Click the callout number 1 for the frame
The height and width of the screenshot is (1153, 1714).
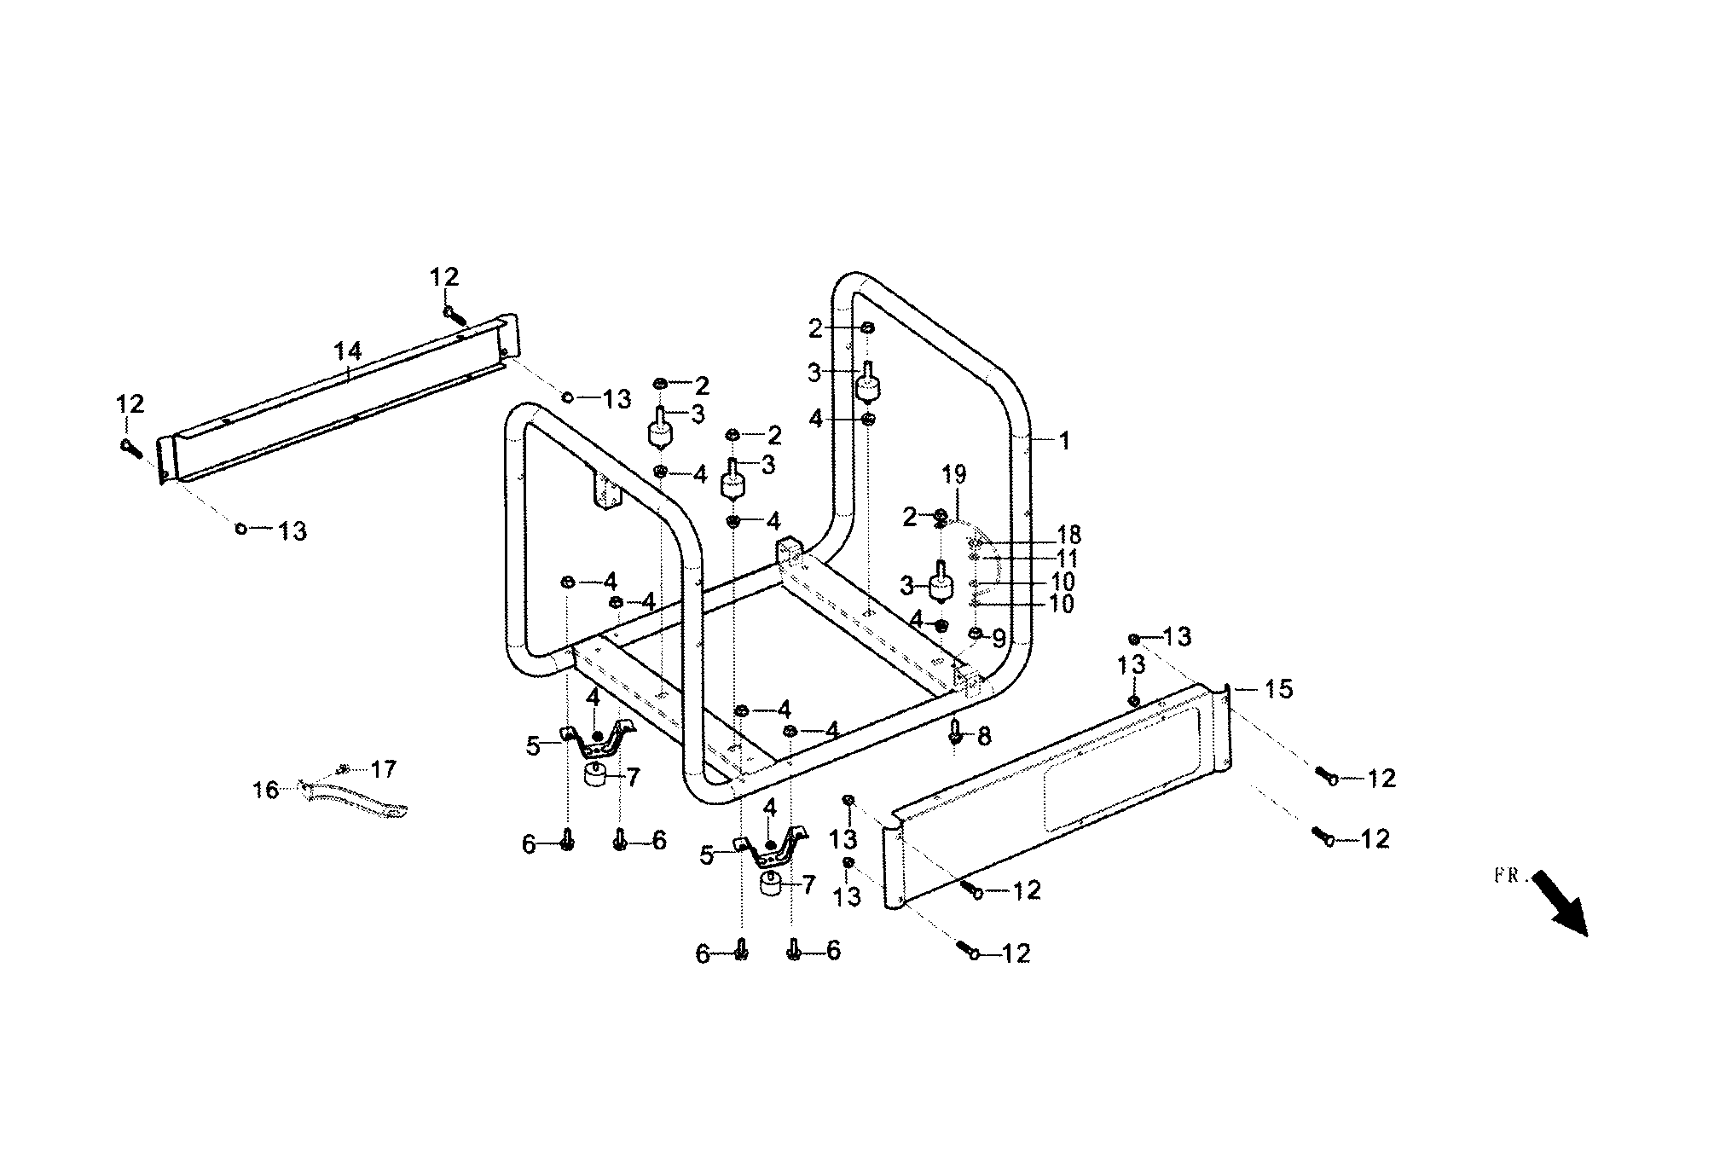1063,441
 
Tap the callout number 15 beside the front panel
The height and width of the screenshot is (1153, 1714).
1277,688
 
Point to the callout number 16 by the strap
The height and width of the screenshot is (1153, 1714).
266,791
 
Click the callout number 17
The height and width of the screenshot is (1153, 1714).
384,769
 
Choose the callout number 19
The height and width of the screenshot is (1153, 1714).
953,475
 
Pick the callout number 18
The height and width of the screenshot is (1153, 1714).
1068,535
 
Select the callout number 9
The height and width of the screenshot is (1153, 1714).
999,639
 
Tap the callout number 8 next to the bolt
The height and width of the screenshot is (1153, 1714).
984,736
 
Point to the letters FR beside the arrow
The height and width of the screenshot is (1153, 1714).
1508,876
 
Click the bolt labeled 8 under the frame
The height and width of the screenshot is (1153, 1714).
956,730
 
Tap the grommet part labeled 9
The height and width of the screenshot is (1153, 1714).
976,633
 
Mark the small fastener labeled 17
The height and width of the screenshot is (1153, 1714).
345,768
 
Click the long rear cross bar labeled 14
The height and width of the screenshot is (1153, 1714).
341,401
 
